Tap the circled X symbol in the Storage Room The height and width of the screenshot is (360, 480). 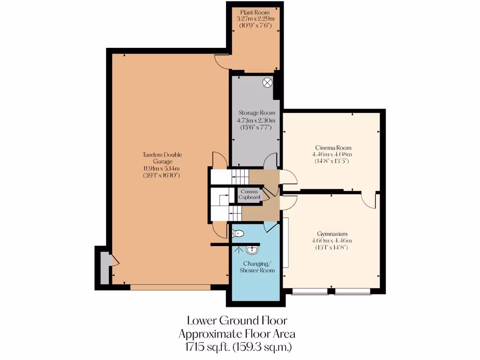pyautogui.click(x=267, y=82)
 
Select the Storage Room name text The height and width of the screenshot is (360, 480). pyautogui.click(x=256, y=113)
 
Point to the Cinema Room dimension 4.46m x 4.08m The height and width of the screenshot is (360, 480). pyautogui.click(x=331, y=154)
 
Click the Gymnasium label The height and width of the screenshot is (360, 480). pyautogui.click(x=331, y=233)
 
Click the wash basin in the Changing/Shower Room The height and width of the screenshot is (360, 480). pyautogui.click(x=253, y=249)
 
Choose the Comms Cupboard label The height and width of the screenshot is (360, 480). pyautogui.click(x=249, y=194)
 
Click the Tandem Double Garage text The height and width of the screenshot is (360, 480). pyautogui.click(x=162, y=158)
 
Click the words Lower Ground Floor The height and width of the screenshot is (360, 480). pyautogui.click(x=237, y=321)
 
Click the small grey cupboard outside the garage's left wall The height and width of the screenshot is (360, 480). pyautogui.click(x=105, y=269)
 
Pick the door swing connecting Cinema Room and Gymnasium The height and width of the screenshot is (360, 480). pyautogui.click(x=368, y=200)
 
